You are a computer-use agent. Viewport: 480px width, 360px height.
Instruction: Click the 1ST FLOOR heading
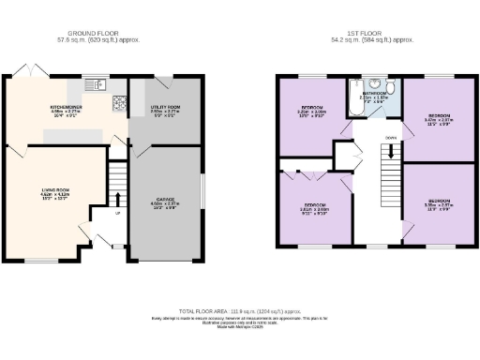[372, 33]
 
